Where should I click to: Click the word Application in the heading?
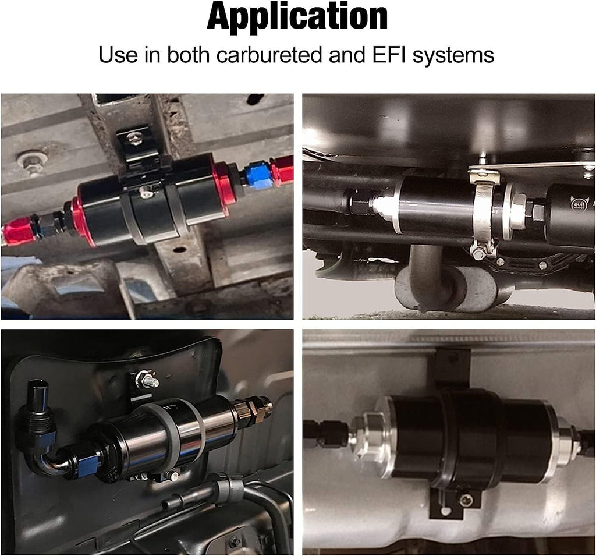[x=297, y=17]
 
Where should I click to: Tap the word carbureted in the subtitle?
[x=269, y=55]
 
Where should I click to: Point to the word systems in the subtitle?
[x=453, y=55]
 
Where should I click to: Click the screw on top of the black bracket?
[x=135, y=139]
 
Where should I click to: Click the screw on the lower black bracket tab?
[x=466, y=502]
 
